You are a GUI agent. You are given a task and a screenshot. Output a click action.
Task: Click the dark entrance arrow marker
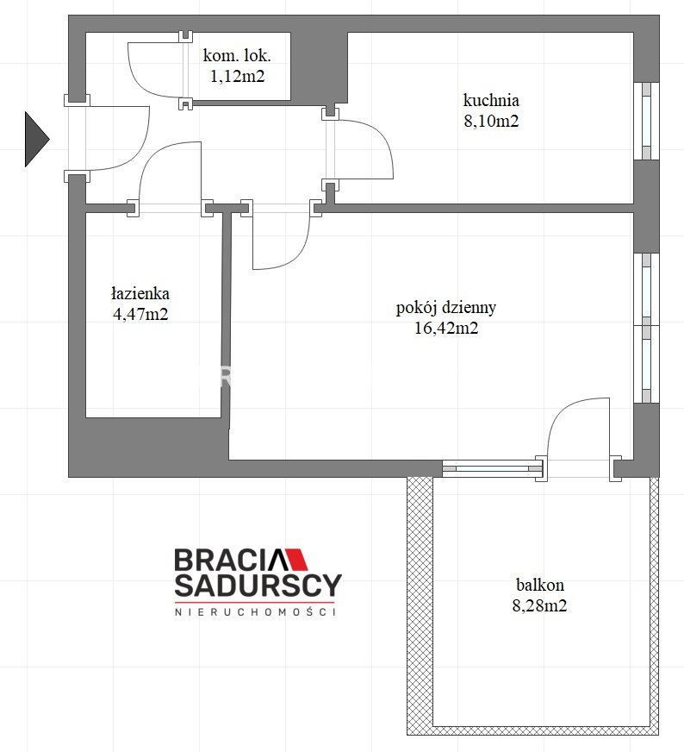[36, 139]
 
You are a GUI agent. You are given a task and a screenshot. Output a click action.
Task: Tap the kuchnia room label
[491, 100]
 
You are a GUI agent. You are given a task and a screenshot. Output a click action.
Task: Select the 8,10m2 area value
[491, 121]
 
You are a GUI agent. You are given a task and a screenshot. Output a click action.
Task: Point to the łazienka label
[140, 293]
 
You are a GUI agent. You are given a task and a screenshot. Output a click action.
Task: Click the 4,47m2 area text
[140, 314]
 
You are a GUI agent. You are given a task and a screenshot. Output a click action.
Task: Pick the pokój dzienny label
[446, 308]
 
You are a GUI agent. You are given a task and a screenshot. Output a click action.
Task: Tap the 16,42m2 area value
[446, 328]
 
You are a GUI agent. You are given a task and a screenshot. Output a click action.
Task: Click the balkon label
[540, 585]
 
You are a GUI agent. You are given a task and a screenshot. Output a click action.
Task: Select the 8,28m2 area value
[539, 605]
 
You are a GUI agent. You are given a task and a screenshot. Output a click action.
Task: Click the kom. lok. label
[237, 56]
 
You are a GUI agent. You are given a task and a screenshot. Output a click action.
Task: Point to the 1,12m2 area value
[237, 76]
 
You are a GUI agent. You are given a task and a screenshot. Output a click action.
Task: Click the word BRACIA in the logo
[230, 560]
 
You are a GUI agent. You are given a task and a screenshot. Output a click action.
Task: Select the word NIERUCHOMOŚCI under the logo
[255, 612]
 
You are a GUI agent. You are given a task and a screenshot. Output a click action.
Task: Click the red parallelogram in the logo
[297, 559]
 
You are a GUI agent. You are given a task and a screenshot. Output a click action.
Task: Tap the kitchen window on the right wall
[646, 122]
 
